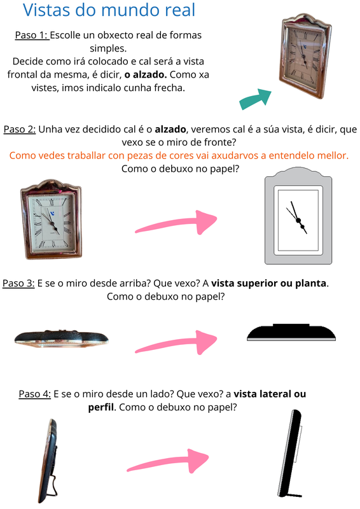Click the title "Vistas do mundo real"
(109, 11)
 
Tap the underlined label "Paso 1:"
(32, 35)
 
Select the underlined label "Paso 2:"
(20, 129)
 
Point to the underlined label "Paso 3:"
(19, 283)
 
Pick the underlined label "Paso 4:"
(34, 394)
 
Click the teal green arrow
(255, 99)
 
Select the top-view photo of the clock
(61, 338)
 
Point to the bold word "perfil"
(100, 407)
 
